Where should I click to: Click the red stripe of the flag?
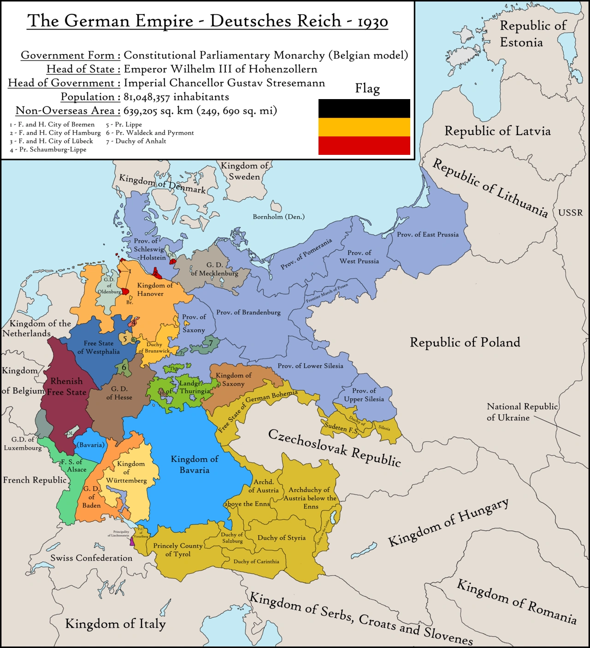[x=364, y=146]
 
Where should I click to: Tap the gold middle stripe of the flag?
[x=364, y=127]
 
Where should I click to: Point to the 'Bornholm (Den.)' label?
[x=278, y=217]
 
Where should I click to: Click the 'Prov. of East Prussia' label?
[x=428, y=235]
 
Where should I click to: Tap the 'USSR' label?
[x=570, y=212]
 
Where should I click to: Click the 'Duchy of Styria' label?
[x=281, y=538]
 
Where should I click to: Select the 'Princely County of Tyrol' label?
[x=178, y=549]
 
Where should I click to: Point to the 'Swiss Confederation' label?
[x=91, y=558]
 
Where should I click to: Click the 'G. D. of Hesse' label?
[x=119, y=393]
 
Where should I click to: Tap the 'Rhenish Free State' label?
[x=67, y=387]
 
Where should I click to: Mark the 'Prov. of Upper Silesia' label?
[x=364, y=395]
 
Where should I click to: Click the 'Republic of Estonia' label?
[x=533, y=34]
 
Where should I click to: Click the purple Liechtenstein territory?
[x=133, y=542]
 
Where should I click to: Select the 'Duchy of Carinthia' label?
[x=256, y=561]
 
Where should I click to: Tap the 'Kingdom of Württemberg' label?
[x=126, y=472]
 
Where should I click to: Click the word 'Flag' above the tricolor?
[x=367, y=88]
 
